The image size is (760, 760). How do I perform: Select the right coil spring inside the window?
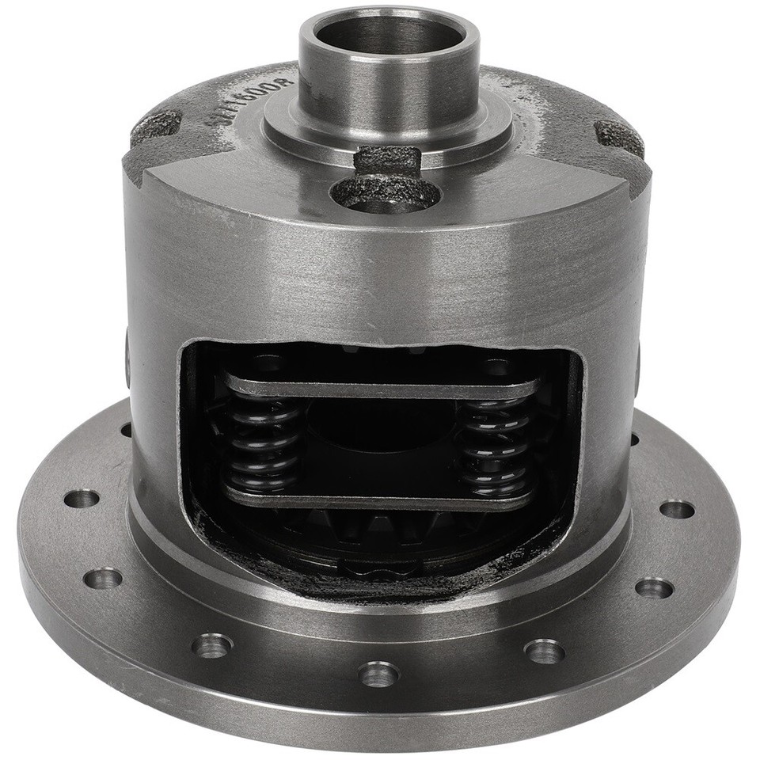(x=497, y=447)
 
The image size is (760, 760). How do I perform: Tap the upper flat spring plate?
(x=380, y=387)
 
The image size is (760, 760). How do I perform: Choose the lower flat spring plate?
(x=380, y=501)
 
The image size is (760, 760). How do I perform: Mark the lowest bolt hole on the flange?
(x=378, y=675)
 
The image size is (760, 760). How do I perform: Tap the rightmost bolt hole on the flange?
(x=675, y=508)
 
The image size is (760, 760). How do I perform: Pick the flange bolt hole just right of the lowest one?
(x=545, y=652)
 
